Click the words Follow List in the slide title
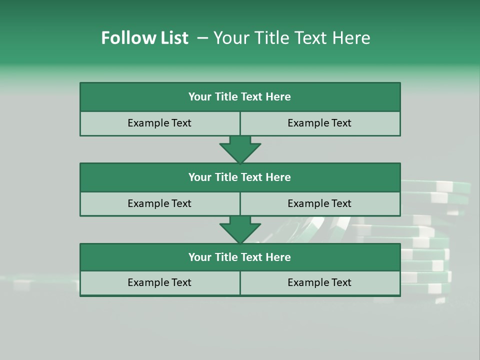click(144, 38)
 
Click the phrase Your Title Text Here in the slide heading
click(291, 38)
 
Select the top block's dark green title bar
click(240, 97)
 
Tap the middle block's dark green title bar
click(240, 177)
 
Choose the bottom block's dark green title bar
click(240, 257)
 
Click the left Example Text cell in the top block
click(159, 123)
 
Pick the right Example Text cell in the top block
click(319, 123)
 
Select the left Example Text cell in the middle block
click(159, 203)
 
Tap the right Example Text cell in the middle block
click(319, 203)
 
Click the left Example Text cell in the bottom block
click(159, 282)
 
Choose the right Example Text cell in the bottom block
click(319, 282)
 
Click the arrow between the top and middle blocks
click(240, 149)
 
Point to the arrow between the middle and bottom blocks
click(240, 229)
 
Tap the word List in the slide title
click(171, 38)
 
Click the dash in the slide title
click(202, 38)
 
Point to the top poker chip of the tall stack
click(435, 186)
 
